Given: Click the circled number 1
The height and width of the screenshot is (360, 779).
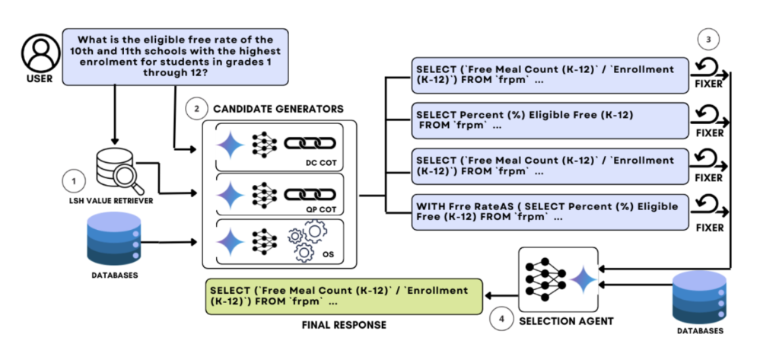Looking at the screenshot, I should point(73,183).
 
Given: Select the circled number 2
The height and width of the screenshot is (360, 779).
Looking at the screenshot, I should point(196,109).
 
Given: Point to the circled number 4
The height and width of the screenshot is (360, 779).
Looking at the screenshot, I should point(501,320).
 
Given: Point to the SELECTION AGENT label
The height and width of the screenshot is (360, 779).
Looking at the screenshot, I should point(566,321).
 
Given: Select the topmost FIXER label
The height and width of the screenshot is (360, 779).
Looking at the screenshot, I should point(709,84).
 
